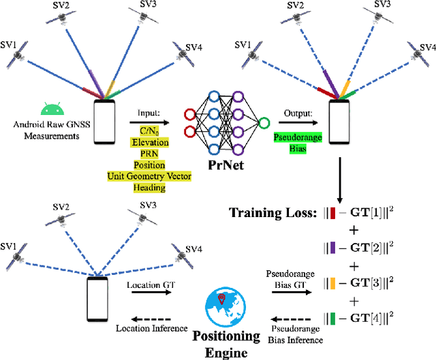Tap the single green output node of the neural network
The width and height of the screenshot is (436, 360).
pos(264,122)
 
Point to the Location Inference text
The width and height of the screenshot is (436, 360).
pos(151,329)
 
